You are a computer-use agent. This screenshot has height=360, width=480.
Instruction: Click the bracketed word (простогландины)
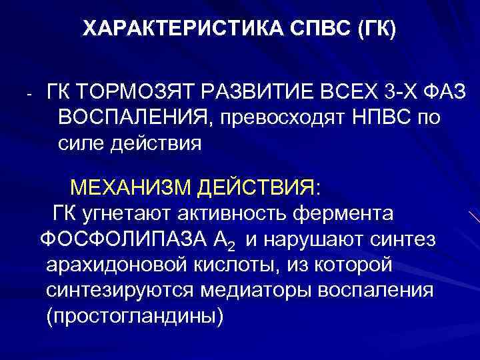[x=134, y=317]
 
